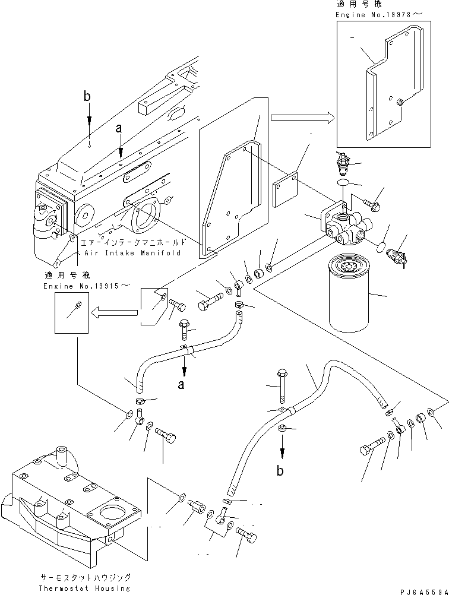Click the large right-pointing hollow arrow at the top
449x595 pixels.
coord(301,118)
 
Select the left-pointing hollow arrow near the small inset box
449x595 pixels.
coord(113,309)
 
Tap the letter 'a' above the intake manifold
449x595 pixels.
coord(119,127)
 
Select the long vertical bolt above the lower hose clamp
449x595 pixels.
coord(281,386)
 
